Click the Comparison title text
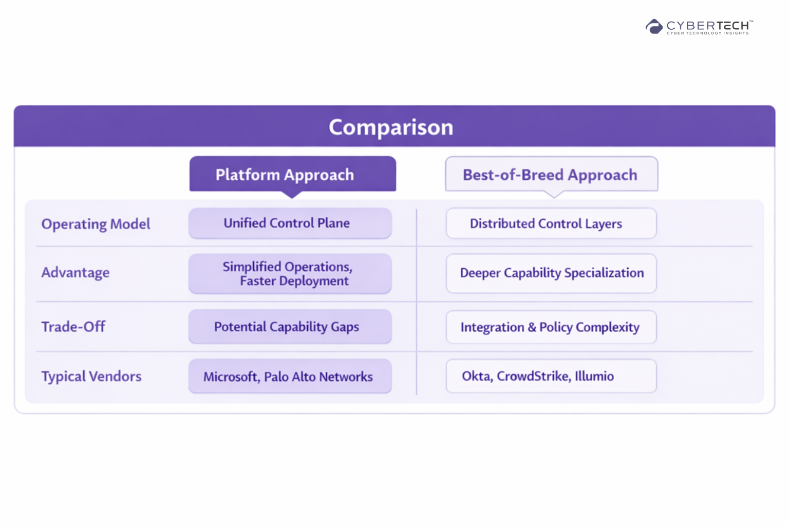tap(391, 127)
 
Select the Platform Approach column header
tap(292, 174)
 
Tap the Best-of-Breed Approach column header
tap(552, 174)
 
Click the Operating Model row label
tap(96, 224)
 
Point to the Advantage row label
tap(76, 272)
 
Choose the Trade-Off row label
tap(73, 327)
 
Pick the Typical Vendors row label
tap(91, 377)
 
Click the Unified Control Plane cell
tap(290, 223)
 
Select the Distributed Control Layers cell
tap(551, 223)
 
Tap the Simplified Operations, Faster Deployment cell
tap(290, 274)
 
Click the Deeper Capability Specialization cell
tap(551, 273)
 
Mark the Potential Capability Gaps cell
tap(290, 327)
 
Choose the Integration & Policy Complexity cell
tap(551, 327)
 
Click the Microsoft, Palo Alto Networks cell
tap(290, 377)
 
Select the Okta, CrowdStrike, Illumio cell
tap(551, 376)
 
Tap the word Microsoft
tap(232, 377)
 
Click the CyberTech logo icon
tap(654, 26)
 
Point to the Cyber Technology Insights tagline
tap(707, 33)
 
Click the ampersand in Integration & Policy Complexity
tap(532, 327)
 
